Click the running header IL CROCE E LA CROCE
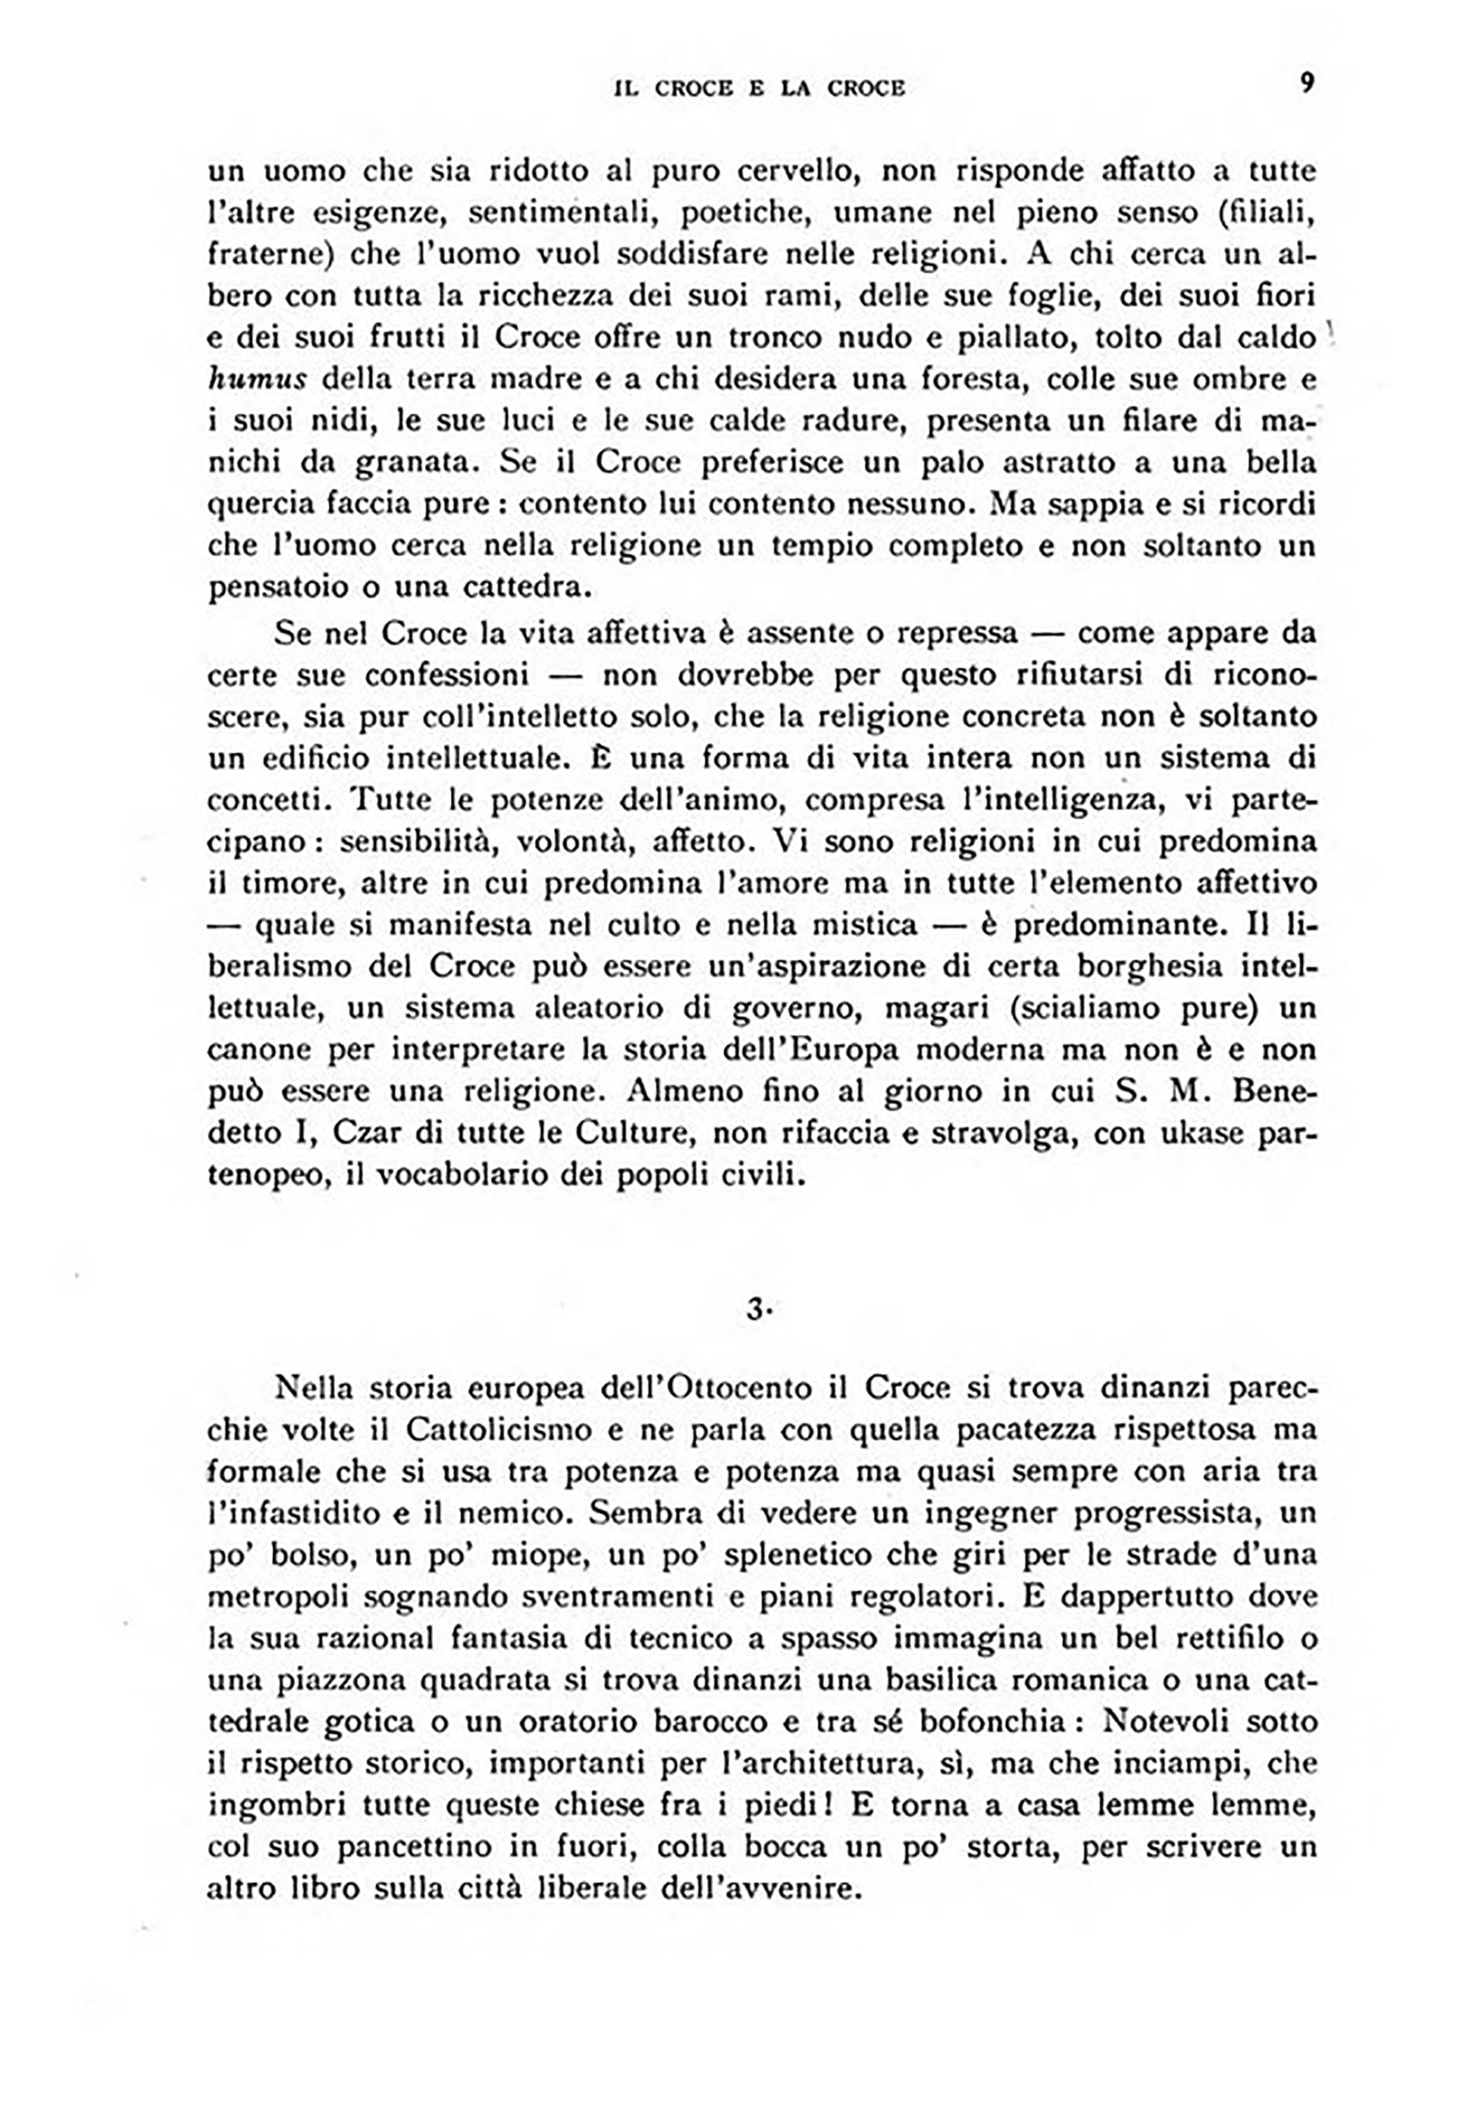point(759,89)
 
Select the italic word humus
point(253,379)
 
